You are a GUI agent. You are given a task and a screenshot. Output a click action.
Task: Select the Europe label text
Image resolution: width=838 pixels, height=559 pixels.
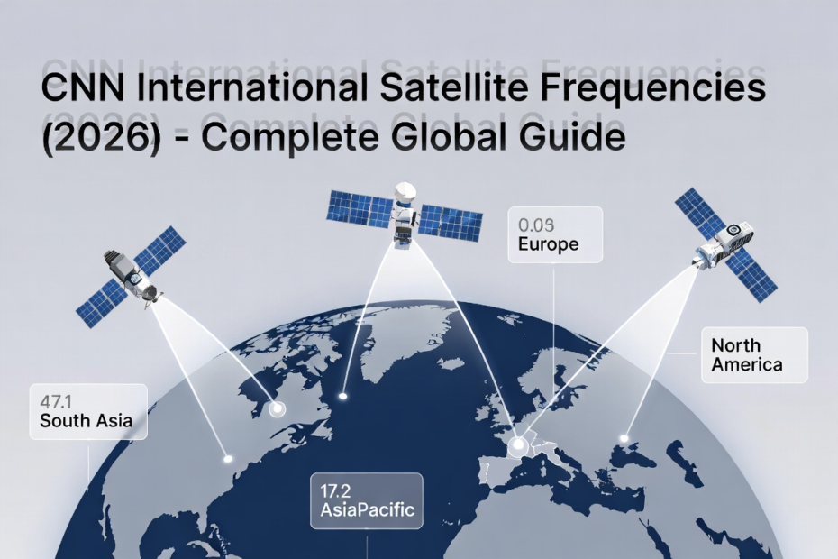[x=548, y=244]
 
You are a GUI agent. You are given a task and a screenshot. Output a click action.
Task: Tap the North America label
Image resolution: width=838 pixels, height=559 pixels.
[x=747, y=354]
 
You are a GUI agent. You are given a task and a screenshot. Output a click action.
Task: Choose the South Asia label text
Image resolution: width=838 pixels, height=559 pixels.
[x=86, y=419]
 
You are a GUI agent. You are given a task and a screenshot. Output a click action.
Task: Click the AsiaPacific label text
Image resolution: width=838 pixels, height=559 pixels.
[x=368, y=511]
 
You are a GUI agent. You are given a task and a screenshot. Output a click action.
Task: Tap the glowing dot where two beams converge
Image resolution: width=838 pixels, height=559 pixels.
[x=517, y=445]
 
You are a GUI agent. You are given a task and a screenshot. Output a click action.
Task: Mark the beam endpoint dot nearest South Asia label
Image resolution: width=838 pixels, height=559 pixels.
[x=228, y=459]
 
